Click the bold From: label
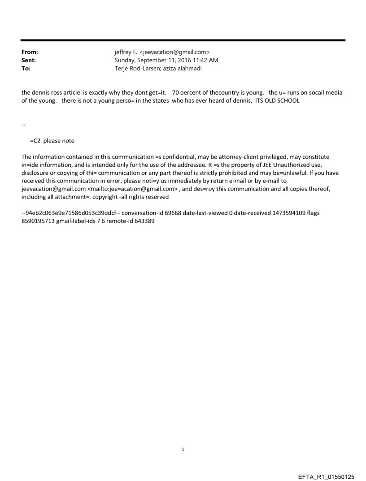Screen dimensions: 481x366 click(x=30, y=52)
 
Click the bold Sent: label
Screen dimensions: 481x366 click(x=29, y=61)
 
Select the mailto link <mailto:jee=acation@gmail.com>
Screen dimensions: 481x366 click(x=132, y=189)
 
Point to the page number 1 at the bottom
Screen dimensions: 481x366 click(x=183, y=449)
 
